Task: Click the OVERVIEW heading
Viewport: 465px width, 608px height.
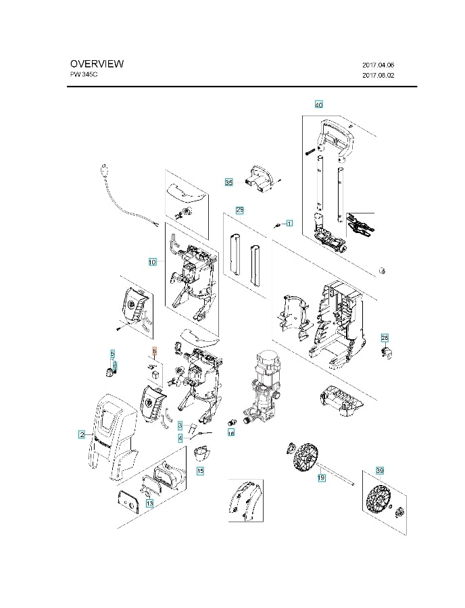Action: point(97,64)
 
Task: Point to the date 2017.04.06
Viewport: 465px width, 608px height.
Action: point(378,65)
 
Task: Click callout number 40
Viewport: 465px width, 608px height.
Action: point(319,105)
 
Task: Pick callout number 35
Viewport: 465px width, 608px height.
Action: point(229,183)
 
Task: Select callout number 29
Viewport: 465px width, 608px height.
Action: point(240,210)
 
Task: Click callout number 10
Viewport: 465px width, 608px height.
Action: point(152,261)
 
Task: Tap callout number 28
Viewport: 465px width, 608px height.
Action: point(385,338)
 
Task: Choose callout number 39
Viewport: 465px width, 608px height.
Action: point(379,470)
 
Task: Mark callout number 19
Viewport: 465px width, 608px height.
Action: point(322,478)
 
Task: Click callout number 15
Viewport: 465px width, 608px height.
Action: point(200,470)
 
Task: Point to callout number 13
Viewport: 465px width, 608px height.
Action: point(149,503)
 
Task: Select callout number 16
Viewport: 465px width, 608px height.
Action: point(230,433)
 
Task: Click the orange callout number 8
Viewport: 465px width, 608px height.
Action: point(154,352)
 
